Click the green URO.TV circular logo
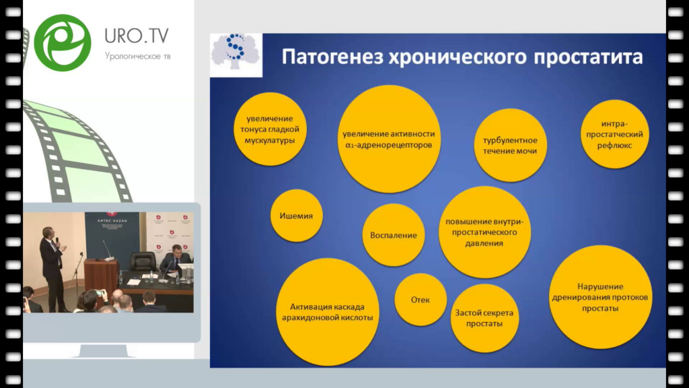click(x=63, y=42)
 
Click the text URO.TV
click(x=136, y=36)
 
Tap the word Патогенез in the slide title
click(x=332, y=57)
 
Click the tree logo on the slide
click(x=236, y=53)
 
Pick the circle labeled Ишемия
click(x=296, y=216)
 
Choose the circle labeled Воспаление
click(x=393, y=235)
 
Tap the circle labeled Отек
click(x=421, y=300)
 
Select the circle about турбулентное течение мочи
click(x=510, y=145)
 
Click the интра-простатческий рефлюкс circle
click(x=614, y=134)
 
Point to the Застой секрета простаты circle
click(x=484, y=318)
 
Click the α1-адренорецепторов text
click(x=388, y=145)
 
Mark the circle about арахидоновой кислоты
click(x=328, y=312)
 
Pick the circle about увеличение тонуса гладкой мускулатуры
click(x=270, y=129)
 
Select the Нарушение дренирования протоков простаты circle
click(x=600, y=297)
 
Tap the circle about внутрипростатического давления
click(x=484, y=232)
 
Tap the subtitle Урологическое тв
click(x=137, y=57)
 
